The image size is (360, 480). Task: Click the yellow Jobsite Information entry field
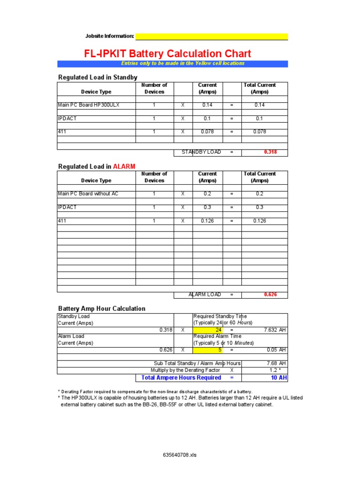(211, 37)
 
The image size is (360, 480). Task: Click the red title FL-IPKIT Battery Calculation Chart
(167, 53)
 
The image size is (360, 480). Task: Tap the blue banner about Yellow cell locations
(172, 63)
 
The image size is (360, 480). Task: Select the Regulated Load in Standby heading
(97, 77)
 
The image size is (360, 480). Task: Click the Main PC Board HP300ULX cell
(89, 105)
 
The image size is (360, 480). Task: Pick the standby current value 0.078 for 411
(207, 132)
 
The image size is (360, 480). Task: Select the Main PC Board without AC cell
(88, 194)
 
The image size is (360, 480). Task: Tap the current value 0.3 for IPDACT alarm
(207, 207)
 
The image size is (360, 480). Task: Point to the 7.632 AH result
(275, 330)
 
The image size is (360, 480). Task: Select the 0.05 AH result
(277, 350)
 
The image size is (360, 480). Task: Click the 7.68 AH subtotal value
(277, 363)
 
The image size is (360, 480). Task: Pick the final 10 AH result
(278, 377)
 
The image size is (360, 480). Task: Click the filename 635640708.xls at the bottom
(180, 455)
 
